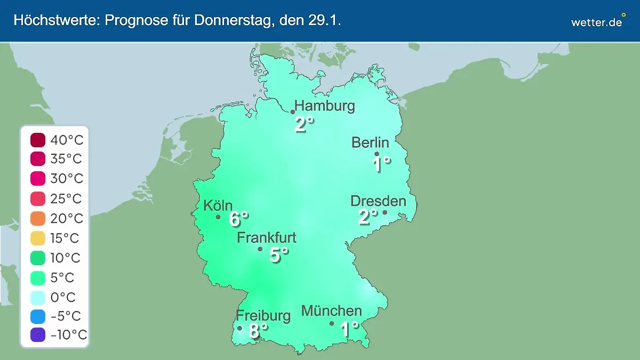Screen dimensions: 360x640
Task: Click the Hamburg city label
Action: pyautogui.click(x=324, y=106)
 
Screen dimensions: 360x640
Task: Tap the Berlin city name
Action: pyautogui.click(x=370, y=142)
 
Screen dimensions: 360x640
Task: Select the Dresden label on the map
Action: pyautogui.click(x=378, y=201)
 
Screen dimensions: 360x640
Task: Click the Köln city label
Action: pyautogui.click(x=218, y=205)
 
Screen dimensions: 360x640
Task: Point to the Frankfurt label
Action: pyautogui.click(x=267, y=237)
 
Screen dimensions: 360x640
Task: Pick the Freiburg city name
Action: pyautogui.click(x=263, y=316)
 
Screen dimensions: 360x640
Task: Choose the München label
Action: pyautogui.click(x=332, y=310)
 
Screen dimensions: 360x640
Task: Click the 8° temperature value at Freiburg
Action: pyautogui.click(x=258, y=330)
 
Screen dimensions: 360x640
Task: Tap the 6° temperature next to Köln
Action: pyautogui.click(x=238, y=219)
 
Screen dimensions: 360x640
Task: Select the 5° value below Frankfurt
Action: pyautogui.click(x=278, y=255)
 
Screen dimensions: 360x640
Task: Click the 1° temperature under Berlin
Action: pyautogui.click(x=381, y=164)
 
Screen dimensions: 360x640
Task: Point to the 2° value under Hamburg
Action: pyautogui.click(x=304, y=125)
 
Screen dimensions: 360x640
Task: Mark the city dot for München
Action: pyautogui.click(x=332, y=323)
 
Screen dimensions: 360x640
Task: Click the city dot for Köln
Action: pyautogui.click(x=218, y=217)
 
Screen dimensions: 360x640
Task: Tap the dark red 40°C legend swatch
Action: pyautogui.click(x=38, y=140)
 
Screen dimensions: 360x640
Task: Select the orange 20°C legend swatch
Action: pyautogui.click(x=38, y=219)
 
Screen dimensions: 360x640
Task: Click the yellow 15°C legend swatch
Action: pyautogui.click(x=38, y=238)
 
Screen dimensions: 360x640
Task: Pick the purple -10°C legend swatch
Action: pyautogui.click(x=38, y=335)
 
